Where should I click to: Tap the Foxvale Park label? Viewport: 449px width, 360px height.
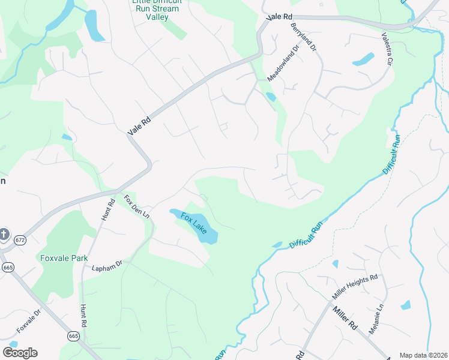pyautogui.click(x=64, y=259)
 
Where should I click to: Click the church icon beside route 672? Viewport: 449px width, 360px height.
pyautogui.click(x=4, y=234)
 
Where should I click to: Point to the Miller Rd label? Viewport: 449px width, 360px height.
pyautogui.click(x=345, y=319)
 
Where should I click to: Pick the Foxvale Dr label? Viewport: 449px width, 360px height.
pyautogui.click(x=28, y=321)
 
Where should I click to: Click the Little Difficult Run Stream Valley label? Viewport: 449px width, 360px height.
pyautogui.click(x=155, y=9)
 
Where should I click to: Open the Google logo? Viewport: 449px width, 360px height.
pyautogui.click(x=20, y=353)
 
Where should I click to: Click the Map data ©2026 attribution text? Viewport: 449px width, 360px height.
pyautogui.click(x=423, y=355)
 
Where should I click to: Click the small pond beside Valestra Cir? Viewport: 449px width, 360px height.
pyautogui.click(x=363, y=59)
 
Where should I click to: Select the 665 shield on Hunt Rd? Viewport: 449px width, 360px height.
pyautogui.click(x=73, y=336)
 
